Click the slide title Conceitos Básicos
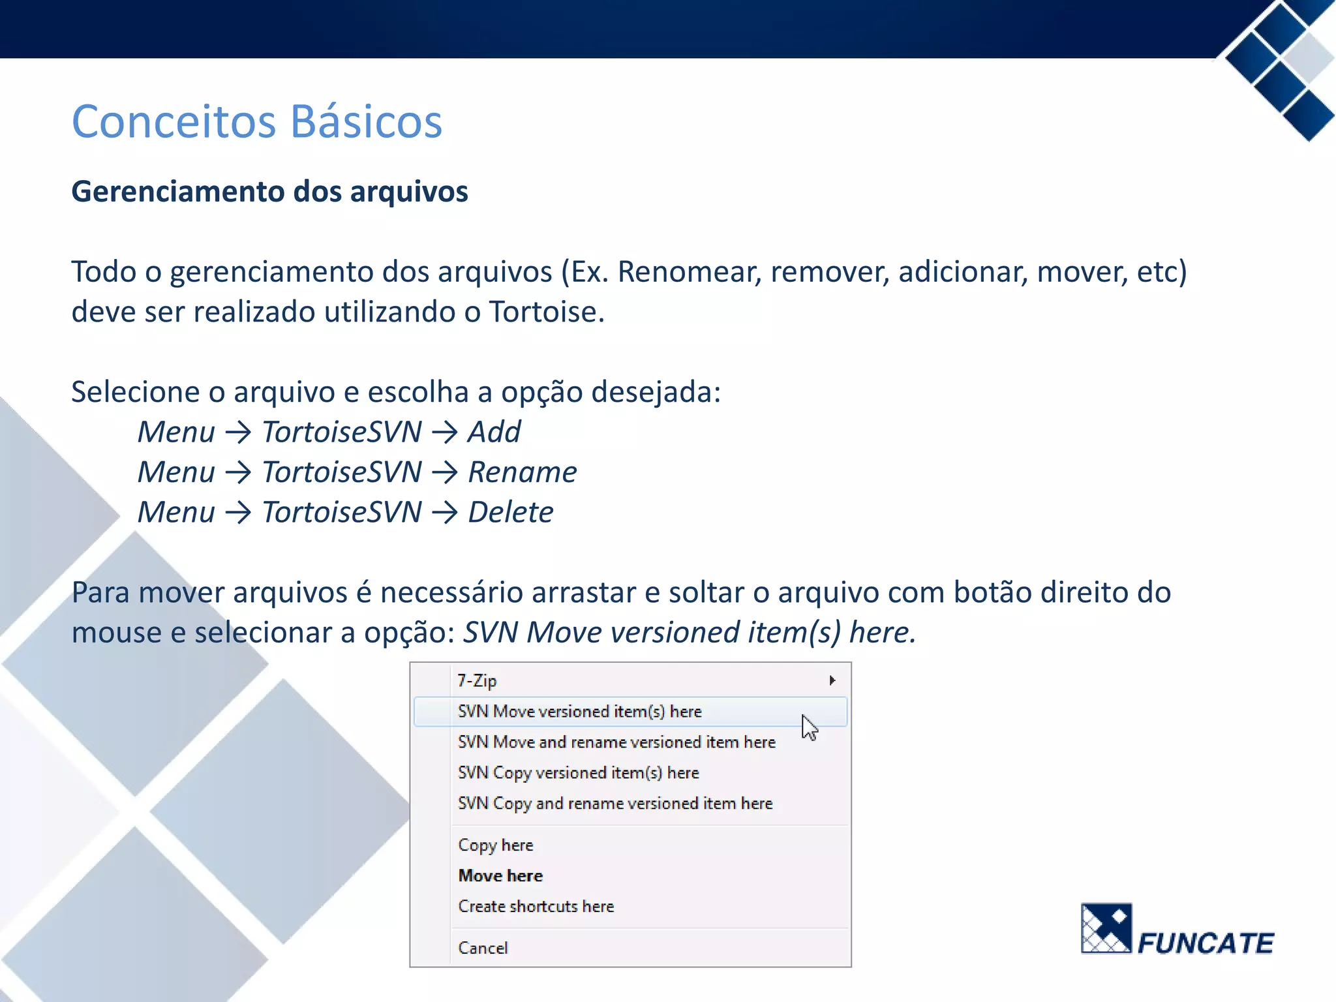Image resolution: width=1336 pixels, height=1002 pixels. click(256, 122)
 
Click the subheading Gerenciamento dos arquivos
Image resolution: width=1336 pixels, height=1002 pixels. click(269, 192)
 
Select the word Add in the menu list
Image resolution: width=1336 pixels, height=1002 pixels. click(494, 432)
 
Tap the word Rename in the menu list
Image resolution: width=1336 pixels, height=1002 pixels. click(522, 472)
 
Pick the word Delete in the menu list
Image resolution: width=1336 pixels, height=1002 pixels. click(510, 512)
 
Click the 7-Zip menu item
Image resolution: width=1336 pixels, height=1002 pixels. click(477, 680)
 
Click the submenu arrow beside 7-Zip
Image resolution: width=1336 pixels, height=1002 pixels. click(832, 680)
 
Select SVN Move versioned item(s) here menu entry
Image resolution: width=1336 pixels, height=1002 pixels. click(579, 711)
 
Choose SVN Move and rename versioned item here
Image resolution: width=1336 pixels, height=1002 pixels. click(616, 742)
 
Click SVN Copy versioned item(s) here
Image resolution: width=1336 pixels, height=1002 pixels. click(578, 772)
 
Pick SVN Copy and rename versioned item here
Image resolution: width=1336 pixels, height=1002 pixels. click(615, 803)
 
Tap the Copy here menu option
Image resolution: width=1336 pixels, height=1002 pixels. click(495, 845)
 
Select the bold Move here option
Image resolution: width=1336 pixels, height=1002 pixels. click(500, 875)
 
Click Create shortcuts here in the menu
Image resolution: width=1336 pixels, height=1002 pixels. click(536, 906)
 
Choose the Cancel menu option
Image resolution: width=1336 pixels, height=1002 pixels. click(483, 948)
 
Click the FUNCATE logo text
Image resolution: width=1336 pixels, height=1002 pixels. click(1205, 943)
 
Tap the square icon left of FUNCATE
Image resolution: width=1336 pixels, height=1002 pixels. click(1106, 928)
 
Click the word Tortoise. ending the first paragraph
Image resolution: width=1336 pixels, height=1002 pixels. click(547, 312)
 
